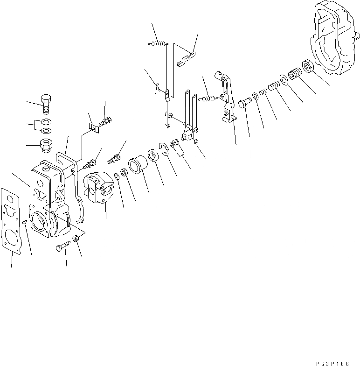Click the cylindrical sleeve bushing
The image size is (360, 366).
tap(138, 164)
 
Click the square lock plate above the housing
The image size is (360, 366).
tap(93, 127)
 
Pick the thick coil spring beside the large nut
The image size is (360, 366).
tap(295, 74)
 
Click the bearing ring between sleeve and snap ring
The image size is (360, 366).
tap(153, 155)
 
